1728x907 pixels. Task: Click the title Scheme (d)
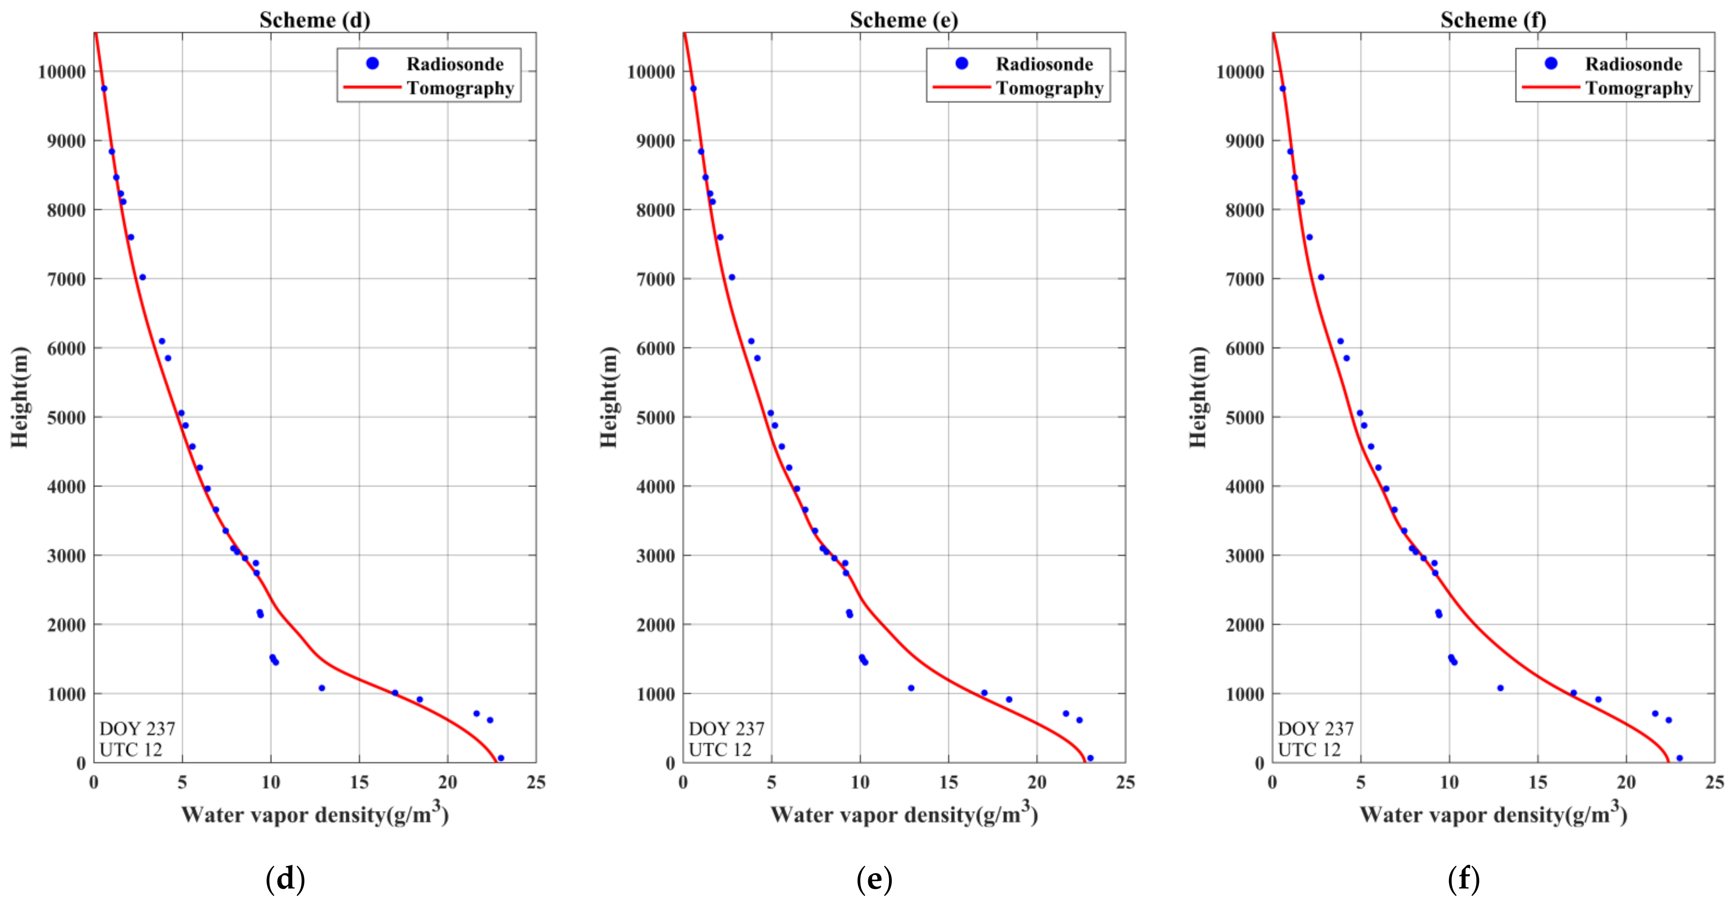(x=315, y=20)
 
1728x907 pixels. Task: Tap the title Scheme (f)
(x=1493, y=20)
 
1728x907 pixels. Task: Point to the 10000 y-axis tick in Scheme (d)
(x=62, y=72)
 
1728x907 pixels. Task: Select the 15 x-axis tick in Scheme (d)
(x=359, y=782)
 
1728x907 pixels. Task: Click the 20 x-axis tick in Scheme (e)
(x=1036, y=782)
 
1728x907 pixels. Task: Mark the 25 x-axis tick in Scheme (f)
(x=1714, y=782)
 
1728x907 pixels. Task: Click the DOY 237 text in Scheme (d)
(x=137, y=729)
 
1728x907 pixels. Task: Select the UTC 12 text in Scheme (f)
(x=1309, y=749)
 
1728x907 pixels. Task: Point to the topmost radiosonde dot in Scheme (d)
(x=104, y=89)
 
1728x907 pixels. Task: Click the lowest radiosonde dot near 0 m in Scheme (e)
(x=1090, y=758)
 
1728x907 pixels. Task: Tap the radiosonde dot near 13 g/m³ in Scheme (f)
(x=1500, y=688)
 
